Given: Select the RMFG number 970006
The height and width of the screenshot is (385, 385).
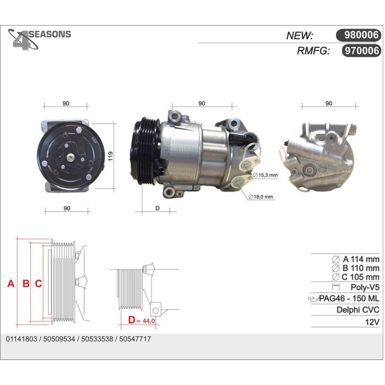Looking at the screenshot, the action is (x=361, y=51).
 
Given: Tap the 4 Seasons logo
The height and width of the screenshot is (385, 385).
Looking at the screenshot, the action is (x=39, y=39).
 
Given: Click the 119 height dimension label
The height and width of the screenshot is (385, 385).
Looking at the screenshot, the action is (x=110, y=156).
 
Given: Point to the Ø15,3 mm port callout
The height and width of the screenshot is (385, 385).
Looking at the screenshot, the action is (x=265, y=175).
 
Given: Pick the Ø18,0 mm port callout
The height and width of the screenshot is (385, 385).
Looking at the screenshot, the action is (x=261, y=197).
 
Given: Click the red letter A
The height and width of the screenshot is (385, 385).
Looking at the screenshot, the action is (x=11, y=283).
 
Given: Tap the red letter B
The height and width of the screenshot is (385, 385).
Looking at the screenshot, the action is (x=26, y=283).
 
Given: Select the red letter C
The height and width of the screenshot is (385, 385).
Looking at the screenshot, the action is (x=38, y=283).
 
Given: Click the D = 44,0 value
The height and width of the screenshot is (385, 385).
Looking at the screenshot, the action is (x=141, y=320).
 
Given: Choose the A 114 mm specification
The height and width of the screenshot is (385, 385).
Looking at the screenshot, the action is (x=356, y=259).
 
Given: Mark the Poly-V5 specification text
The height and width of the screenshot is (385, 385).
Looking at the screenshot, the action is (x=365, y=287).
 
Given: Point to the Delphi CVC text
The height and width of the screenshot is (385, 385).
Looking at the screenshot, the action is (x=358, y=309).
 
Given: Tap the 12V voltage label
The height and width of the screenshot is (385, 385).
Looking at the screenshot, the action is (x=372, y=321).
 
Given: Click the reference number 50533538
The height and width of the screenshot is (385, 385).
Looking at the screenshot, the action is (x=97, y=339).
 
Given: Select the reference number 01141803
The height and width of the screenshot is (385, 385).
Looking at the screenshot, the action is (x=21, y=339).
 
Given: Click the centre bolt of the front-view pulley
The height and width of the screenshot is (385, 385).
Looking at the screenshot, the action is (x=71, y=157).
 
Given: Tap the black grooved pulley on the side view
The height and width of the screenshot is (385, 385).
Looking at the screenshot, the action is (x=145, y=151).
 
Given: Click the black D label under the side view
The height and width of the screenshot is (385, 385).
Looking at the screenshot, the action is (x=157, y=208).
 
